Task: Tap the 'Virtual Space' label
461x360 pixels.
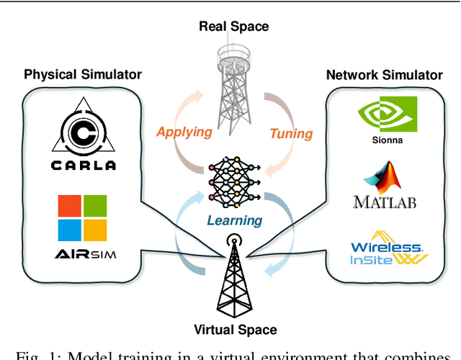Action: [235, 330]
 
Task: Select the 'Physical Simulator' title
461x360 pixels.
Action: [83, 74]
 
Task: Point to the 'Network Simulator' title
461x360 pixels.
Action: [384, 74]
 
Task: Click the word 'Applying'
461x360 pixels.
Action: [184, 132]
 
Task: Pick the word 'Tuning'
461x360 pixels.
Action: [291, 133]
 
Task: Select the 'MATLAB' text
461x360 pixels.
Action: [384, 202]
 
